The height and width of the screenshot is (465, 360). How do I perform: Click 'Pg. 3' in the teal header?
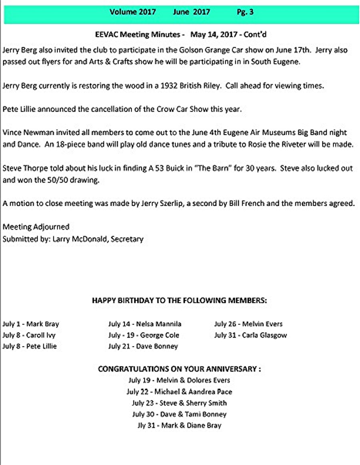(x=245, y=12)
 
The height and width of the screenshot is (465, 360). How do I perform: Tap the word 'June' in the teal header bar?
(x=181, y=12)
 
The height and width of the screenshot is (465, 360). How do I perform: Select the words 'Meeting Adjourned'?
(x=36, y=227)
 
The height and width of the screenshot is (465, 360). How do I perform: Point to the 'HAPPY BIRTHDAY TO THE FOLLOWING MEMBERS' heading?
(x=180, y=301)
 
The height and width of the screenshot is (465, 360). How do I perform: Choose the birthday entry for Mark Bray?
(x=31, y=324)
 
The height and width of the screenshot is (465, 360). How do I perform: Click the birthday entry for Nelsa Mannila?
(x=144, y=324)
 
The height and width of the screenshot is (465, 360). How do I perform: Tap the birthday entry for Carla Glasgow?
(x=250, y=335)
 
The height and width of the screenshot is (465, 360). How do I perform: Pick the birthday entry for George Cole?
(x=144, y=335)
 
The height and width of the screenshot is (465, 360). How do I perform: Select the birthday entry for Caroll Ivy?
(x=29, y=335)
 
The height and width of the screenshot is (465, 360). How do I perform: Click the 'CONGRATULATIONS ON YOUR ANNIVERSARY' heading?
(x=180, y=369)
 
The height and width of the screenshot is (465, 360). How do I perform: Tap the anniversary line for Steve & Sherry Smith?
(x=179, y=403)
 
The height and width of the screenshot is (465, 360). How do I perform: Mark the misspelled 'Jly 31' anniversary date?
(x=146, y=426)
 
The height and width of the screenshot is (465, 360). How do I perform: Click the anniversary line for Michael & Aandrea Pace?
(x=179, y=392)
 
